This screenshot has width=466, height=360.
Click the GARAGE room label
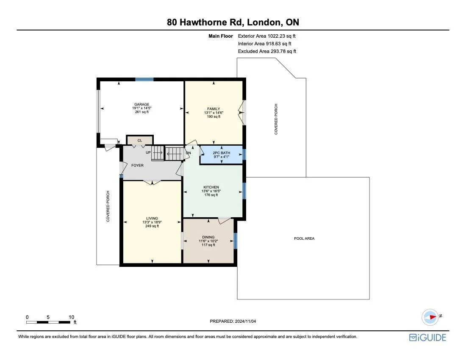tap(141, 104)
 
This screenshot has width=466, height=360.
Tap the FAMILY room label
tap(214, 109)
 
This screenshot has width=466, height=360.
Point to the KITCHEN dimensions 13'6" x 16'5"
tap(211, 191)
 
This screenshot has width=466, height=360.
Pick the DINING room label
tap(208, 237)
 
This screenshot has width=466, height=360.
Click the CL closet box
tap(139, 140)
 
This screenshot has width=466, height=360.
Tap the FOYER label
tap(137, 165)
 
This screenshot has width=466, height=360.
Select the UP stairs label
tap(148, 152)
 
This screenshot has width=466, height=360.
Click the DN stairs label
tap(189, 153)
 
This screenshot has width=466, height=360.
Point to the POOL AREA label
tap(304, 238)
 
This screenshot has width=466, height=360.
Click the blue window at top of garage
tap(144, 79)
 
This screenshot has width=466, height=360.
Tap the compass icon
tap(430, 316)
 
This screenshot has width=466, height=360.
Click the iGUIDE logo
tap(427, 338)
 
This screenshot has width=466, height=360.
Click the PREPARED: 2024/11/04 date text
tap(233, 321)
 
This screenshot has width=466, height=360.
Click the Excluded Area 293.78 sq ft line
tap(267, 51)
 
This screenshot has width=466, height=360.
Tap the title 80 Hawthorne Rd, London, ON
tap(233, 22)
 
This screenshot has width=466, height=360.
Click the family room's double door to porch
tap(243, 112)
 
